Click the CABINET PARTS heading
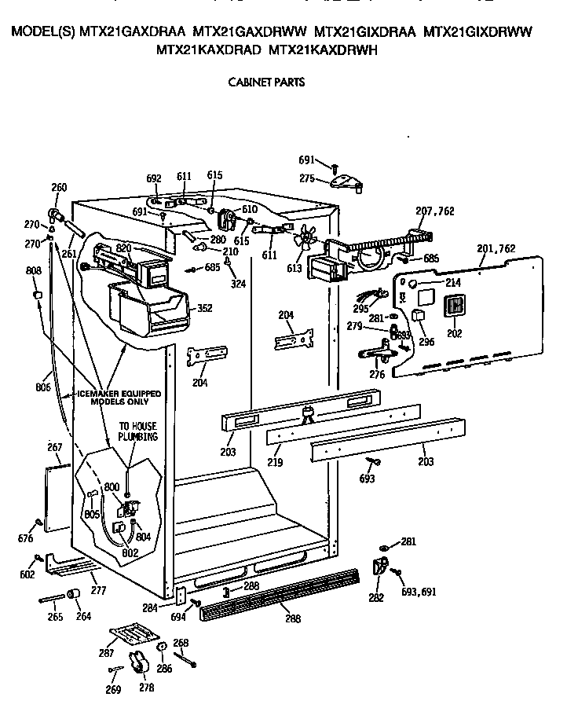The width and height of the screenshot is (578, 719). point(266,82)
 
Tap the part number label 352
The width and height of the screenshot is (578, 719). point(205,308)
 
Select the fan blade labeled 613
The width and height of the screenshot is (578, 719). point(302,237)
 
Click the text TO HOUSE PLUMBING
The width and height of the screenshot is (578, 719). point(137,431)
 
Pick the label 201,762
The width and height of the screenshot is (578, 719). point(496,248)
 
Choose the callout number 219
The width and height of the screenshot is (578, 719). point(273,463)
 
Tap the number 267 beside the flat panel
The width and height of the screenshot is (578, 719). point(54,447)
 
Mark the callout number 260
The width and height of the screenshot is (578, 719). point(59,187)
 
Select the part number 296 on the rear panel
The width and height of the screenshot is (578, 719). point(426,342)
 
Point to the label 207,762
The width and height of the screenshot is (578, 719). point(434,211)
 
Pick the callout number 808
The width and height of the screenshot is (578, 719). point(34,271)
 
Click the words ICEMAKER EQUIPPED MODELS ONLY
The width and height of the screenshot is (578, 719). point(119,397)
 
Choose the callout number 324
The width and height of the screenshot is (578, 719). point(238,284)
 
